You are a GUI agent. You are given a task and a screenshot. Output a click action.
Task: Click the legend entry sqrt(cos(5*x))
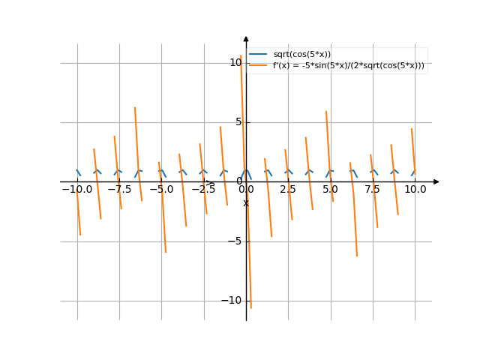coord(302,54)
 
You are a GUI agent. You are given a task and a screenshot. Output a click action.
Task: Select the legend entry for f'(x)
coord(348,65)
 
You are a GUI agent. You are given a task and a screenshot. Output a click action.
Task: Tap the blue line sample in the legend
coord(259,54)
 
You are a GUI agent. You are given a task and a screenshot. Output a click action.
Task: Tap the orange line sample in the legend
coord(259,65)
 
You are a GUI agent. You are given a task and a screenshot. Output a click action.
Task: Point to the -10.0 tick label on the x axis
coord(76,190)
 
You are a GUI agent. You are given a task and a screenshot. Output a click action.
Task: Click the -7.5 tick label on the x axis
coord(118,190)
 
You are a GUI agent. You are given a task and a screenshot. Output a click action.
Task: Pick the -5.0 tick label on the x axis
coord(161,190)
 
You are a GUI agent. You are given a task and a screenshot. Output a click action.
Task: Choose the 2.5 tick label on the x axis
coord(288,190)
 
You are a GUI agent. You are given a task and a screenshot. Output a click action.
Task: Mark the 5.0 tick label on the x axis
coord(330,190)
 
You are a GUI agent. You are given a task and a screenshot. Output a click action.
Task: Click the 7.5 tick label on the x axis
coord(373,190)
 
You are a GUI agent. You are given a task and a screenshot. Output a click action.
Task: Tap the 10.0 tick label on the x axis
coord(415,190)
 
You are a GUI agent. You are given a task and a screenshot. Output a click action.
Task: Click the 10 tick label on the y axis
coord(235,62)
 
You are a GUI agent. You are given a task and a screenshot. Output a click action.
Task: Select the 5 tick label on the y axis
coord(238,122)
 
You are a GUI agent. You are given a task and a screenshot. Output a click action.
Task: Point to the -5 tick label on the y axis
coord(236,241)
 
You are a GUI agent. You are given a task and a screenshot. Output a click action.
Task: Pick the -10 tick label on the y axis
coord(233,301)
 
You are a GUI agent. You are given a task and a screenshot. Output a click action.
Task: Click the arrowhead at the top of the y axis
coord(246,38)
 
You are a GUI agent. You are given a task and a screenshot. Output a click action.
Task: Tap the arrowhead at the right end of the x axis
coord(436,181)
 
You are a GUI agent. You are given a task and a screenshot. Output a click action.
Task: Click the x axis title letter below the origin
coord(245,203)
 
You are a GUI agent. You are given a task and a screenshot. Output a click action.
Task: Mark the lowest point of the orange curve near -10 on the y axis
coord(250,307)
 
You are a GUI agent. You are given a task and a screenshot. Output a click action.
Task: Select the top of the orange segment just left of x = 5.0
coord(325,111)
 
